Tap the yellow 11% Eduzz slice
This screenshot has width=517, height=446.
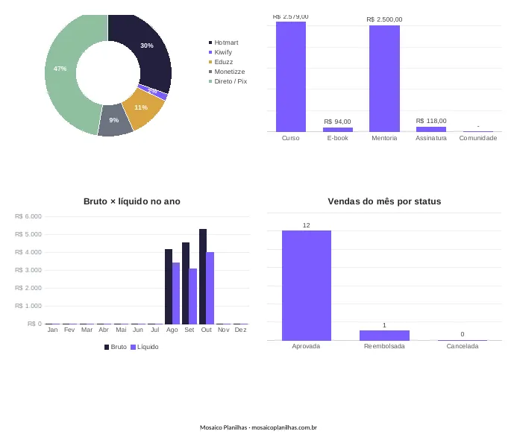(x=142, y=108)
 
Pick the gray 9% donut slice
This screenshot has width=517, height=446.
(x=115, y=120)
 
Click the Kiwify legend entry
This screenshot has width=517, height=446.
(x=220, y=52)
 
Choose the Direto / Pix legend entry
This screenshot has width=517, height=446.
(x=228, y=81)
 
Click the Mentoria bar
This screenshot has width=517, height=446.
(x=384, y=78)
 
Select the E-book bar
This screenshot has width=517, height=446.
(x=338, y=130)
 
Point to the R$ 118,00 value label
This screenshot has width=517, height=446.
(x=431, y=121)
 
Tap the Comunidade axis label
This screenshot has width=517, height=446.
(x=478, y=138)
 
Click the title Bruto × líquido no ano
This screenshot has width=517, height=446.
(x=132, y=201)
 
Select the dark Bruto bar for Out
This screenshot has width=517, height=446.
(x=203, y=277)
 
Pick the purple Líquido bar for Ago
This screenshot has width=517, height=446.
(x=176, y=293)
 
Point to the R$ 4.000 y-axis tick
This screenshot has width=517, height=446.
(x=28, y=252)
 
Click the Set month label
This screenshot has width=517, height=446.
(x=189, y=330)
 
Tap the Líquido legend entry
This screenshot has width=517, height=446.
(x=145, y=347)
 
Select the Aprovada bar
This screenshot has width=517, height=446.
(x=307, y=286)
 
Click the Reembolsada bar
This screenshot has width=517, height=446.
(x=384, y=335)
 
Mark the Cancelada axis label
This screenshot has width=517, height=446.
(x=463, y=346)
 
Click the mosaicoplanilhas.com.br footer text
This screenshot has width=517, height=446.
(x=284, y=427)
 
